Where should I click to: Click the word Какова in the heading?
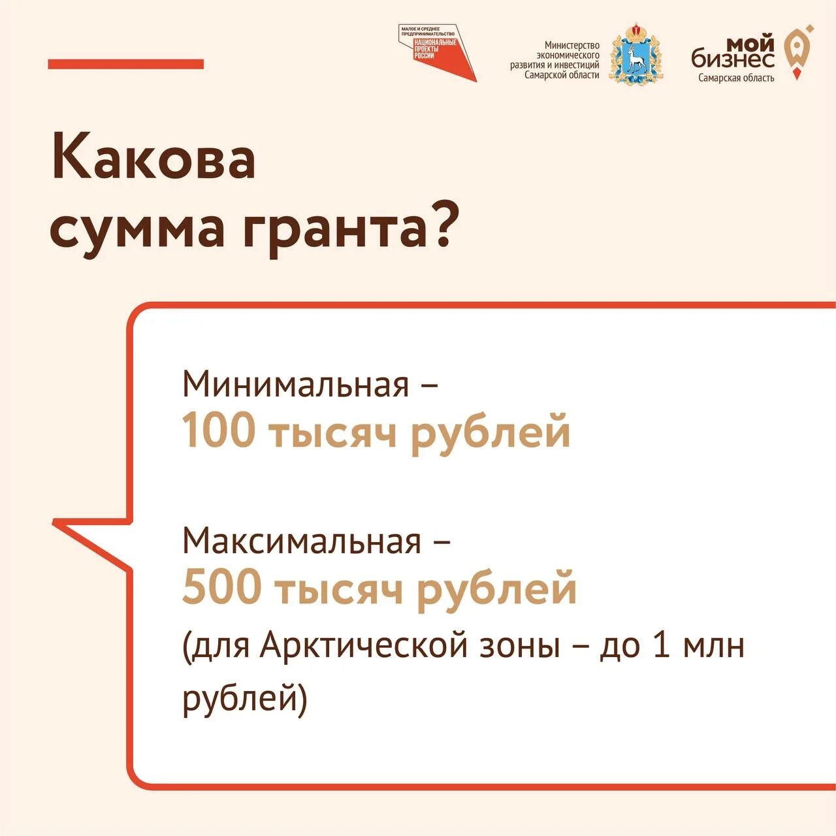[x=153, y=157]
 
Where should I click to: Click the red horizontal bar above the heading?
[x=125, y=64]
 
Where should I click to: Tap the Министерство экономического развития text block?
[x=555, y=60]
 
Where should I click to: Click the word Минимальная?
[x=295, y=385]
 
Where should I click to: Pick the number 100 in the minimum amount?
[x=218, y=431]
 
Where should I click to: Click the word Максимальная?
[x=302, y=541]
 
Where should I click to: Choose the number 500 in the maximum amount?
[x=221, y=587]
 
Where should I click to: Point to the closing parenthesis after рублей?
[x=301, y=699]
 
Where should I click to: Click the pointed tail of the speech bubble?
[x=65, y=525]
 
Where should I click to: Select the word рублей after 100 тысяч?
[x=490, y=432]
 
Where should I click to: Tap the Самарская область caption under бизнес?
[x=736, y=78]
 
